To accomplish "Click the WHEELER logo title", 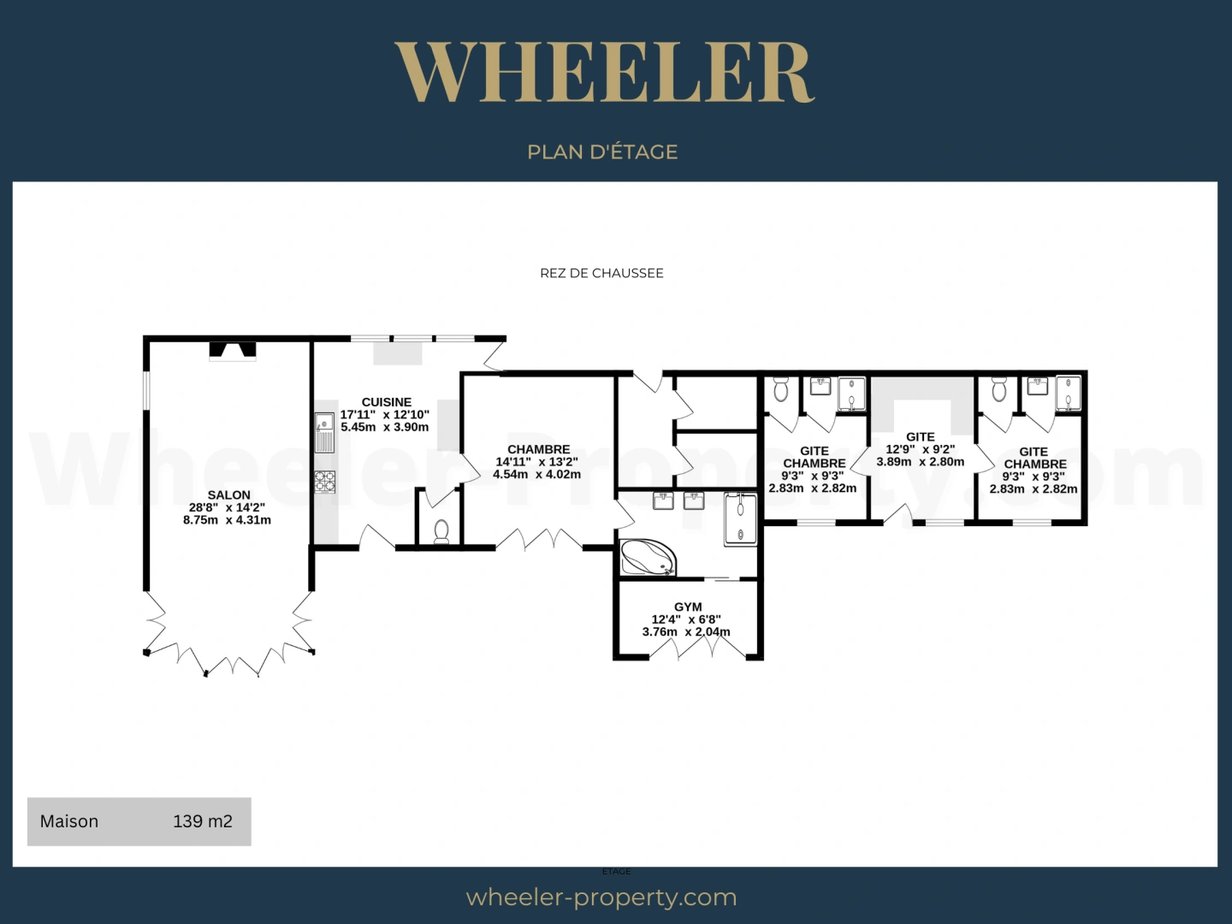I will (604, 73).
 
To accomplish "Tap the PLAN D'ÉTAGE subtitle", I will (602, 152).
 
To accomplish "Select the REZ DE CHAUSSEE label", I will (601, 273).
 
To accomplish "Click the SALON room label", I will (228, 495).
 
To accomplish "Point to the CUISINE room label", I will (386, 402).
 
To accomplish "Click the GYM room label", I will (687, 607).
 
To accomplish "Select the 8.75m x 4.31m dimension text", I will (227, 520).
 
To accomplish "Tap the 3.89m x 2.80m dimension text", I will (920, 462).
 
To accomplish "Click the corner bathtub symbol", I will (647, 557).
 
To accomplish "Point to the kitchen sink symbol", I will (324, 432).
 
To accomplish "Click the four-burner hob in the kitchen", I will (324, 482).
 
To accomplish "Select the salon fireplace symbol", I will (233, 351).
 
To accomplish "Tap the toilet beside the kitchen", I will (441, 531).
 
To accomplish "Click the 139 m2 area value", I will (203, 821).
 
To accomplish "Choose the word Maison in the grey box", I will (69, 821).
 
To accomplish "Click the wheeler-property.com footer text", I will (601, 897).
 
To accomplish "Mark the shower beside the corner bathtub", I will (740, 518).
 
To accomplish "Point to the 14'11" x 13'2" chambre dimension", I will (537, 462).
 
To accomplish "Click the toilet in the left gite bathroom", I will (780, 390).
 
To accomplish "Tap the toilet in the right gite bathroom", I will (998, 390).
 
